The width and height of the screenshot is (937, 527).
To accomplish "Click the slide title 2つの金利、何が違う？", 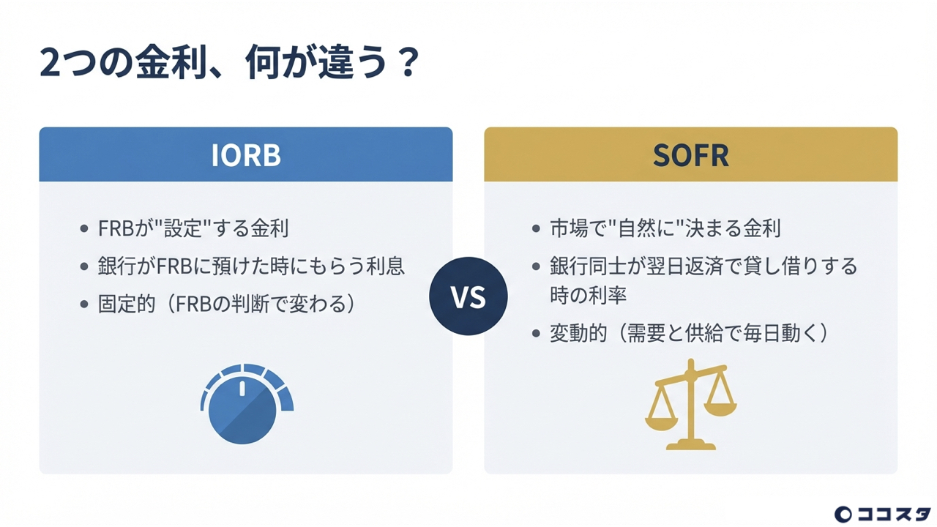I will click(x=228, y=64).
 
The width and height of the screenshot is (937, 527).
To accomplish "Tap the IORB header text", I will click(x=246, y=156).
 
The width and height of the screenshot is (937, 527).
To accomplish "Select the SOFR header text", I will click(x=690, y=156).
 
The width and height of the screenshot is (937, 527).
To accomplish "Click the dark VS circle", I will click(x=468, y=297).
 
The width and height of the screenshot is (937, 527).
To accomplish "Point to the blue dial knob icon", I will click(x=244, y=407).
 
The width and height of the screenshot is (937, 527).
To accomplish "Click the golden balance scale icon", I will click(x=690, y=405).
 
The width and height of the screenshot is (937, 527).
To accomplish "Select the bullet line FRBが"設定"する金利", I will click(x=193, y=228).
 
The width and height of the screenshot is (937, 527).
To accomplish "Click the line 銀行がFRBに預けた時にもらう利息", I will click(x=251, y=266).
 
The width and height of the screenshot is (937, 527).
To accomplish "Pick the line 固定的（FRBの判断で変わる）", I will click(x=226, y=304).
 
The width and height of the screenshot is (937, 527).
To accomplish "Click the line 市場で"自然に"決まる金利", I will click(x=665, y=228).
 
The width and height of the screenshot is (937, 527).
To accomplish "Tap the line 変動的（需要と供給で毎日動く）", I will click(x=688, y=333).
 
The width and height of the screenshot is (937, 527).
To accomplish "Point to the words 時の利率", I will click(x=588, y=295).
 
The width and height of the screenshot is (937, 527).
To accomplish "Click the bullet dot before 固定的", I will click(x=84, y=304).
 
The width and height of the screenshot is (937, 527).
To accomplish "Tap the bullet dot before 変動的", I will click(x=536, y=334).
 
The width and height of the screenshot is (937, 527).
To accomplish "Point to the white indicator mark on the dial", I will click(x=242, y=389).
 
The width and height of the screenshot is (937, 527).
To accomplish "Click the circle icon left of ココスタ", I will click(x=843, y=514).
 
